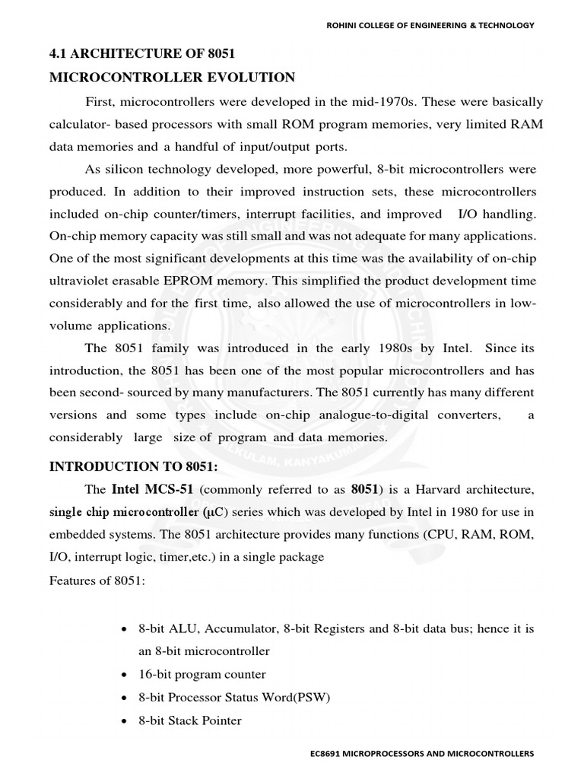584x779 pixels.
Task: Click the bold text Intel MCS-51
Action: (x=153, y=488)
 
